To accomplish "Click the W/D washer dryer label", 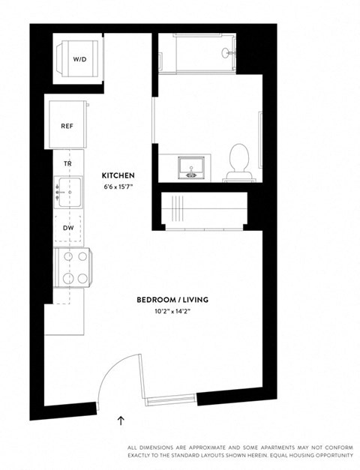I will tap(79, 58).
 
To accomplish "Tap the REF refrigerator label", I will tap(67, 126).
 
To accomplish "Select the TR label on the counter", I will tap(67, 163).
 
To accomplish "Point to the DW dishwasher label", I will tap(67, 227).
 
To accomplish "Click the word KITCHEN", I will tap(118, 175).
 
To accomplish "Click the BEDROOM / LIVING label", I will tap(172, 300).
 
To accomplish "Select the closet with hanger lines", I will tap(202, 210).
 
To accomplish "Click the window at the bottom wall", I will tap(170, 398).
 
